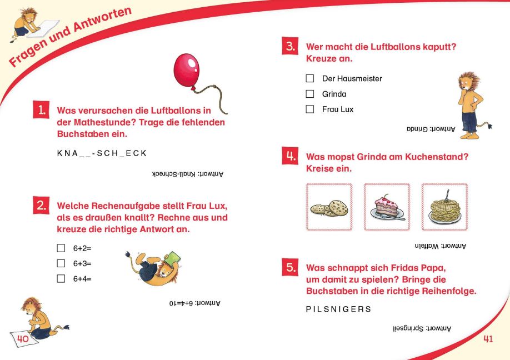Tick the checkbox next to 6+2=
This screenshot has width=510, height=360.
(x=61, y=248)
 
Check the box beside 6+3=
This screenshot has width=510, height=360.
(x=61, y=263)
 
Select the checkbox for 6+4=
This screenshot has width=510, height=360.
(x=61, y=278)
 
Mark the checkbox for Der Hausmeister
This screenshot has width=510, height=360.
(x=310, y=79)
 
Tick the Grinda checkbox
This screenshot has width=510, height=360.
(x=310, y=94)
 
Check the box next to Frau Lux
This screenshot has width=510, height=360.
(x=310, y=109)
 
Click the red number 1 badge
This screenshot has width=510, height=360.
(x=41, y=109)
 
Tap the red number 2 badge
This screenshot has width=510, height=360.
(x=41, y=205)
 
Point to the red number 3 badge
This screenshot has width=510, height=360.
(x=290, y=47)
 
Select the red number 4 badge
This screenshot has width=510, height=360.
(x=290, y=156)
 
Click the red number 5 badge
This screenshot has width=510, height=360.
(x=290, y=267)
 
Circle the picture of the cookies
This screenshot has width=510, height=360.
(x=329, y=207)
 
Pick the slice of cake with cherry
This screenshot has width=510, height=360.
(x=387, y=207)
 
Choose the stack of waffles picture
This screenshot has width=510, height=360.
(x=444, y=207)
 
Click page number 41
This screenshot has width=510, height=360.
(x=488, y=339)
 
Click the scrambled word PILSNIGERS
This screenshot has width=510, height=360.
(x=338, y=309)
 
